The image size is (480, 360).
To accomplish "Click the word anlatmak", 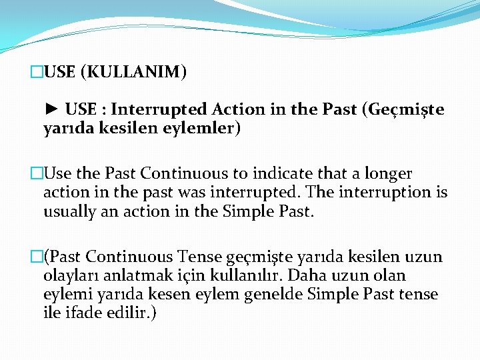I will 137,275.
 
